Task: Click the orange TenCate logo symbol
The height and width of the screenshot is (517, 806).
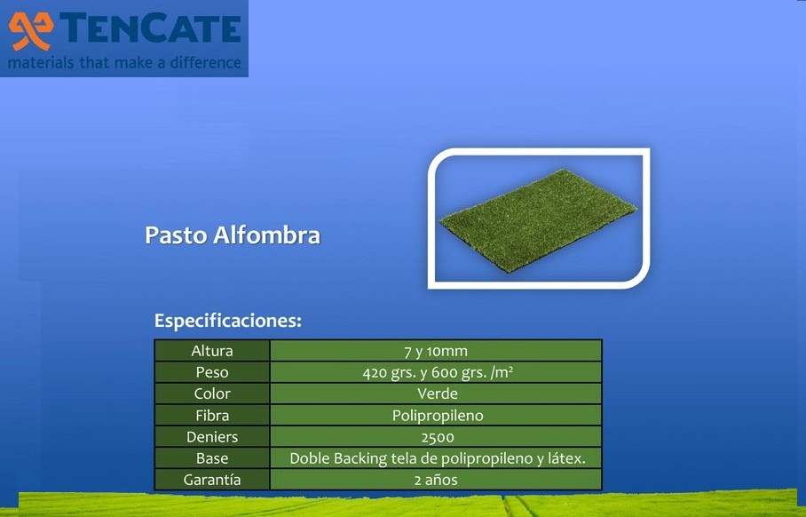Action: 31,30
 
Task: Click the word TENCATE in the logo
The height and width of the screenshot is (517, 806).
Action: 151,28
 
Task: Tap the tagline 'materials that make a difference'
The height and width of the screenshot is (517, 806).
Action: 124,63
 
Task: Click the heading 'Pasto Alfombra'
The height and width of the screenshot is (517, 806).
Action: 233,235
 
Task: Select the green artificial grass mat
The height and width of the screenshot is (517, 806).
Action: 538,220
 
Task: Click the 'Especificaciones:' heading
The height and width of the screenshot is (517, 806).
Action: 228,321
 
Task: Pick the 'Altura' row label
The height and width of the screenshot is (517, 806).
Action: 212,351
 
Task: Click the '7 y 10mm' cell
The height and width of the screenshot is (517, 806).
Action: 436,351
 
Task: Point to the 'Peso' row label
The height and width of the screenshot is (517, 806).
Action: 212,372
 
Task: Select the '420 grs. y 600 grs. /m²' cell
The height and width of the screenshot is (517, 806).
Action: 436,372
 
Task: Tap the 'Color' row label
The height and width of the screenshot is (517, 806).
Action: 212,394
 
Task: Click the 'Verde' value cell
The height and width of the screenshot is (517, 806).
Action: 436,394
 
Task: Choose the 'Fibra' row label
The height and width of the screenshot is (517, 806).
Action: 212,415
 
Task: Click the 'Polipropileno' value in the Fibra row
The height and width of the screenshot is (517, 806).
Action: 438,416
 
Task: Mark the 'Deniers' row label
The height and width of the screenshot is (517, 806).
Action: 212,437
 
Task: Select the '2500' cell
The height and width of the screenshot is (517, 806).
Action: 436,437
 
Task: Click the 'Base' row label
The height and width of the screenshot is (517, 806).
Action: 212,458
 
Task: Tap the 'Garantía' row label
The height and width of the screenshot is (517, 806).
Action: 212,480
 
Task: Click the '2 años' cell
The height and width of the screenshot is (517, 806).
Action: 436,480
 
